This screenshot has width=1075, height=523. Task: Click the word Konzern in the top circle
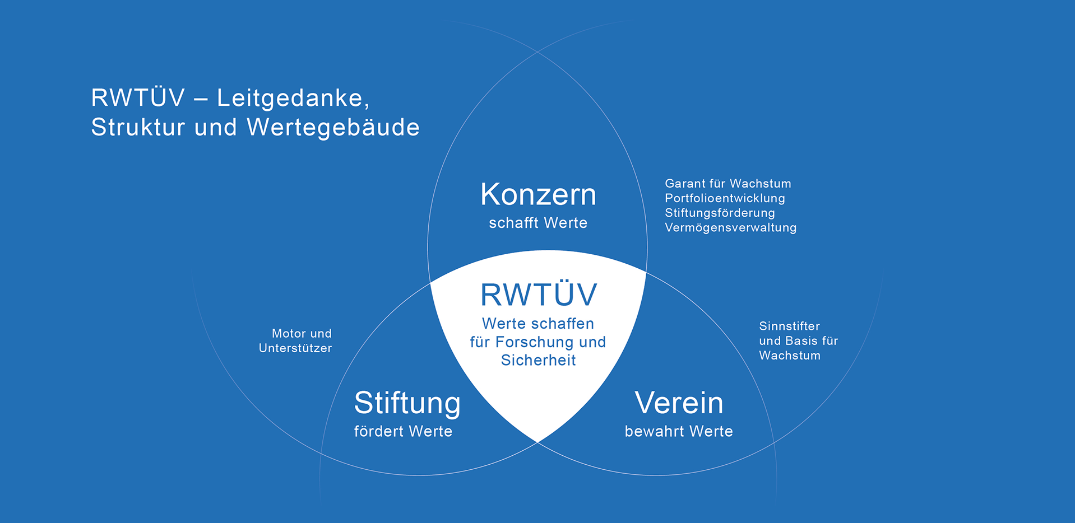[x=538, y=195]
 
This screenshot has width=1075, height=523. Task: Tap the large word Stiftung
[x=407, y=404]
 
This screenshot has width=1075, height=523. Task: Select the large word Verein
[x=679, y=403]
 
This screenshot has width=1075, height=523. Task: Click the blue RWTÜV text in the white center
[x=539, y=295]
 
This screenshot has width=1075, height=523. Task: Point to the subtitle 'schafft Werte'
[x=538, y=223]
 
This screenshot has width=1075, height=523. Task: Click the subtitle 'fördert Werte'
[x=403, y=431]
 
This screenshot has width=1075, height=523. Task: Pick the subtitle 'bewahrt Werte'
[x=679, y=431]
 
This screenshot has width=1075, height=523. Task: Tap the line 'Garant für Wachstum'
[x=728, y=184]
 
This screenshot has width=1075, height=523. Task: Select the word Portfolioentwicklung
[x=725, y=198]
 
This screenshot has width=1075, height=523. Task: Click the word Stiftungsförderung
[x=720, y=213]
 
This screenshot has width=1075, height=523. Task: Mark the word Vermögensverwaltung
[x=730, y=227]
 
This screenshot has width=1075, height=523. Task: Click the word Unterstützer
[x=295, y=348]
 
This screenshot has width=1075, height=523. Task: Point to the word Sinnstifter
[x=789, y=326]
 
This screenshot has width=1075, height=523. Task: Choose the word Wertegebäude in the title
[x=333, y=127]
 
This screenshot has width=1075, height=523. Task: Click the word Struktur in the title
[x=138, y=127]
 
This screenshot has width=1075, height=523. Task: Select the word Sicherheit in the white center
[x=538, y=360]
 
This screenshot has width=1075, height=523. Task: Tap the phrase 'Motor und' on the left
[x=302, y=334]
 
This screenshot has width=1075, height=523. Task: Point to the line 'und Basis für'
[x=798, y=340]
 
